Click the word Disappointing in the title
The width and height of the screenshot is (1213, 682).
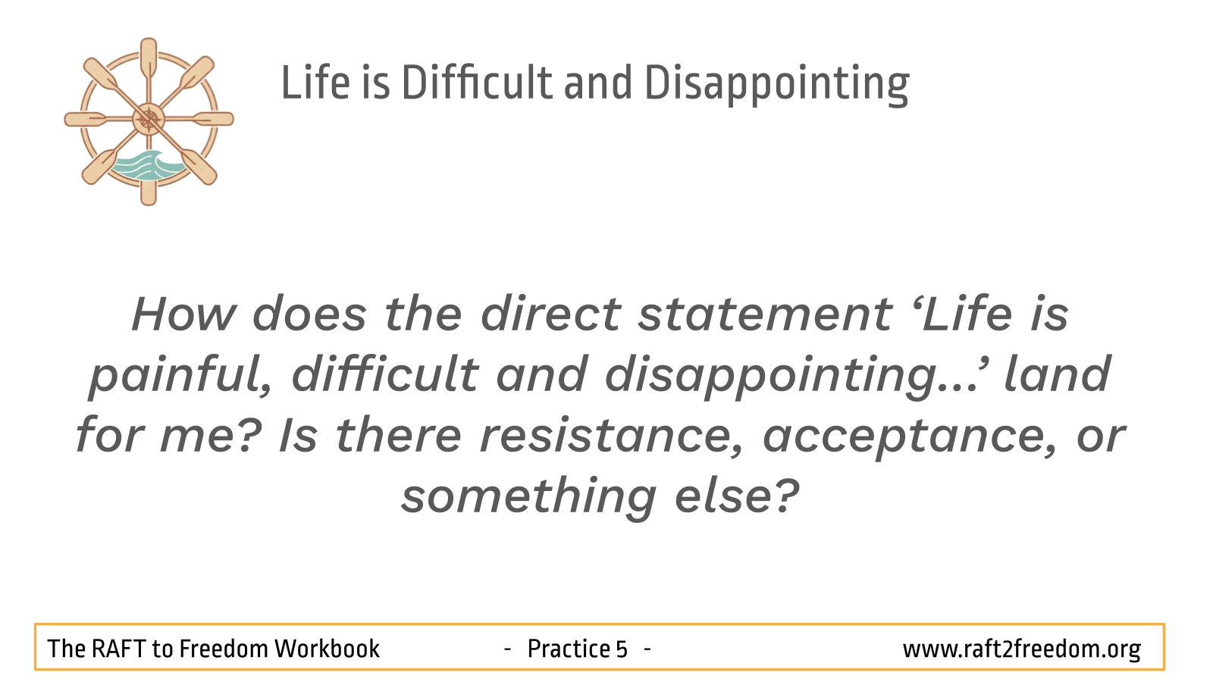coord(776,83)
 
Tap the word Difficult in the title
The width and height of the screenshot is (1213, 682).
coord(478,83)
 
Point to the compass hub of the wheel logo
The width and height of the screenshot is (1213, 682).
coord(149,119)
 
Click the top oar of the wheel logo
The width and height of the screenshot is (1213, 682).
coord(149,61)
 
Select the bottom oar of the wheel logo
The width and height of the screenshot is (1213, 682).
coord(149,179)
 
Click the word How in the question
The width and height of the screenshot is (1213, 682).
coord(183,314)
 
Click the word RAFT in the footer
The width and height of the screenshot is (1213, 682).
coord(118,649)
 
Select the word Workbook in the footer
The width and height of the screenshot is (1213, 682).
coord(327,649)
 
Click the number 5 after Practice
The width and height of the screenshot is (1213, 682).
coord(621,649)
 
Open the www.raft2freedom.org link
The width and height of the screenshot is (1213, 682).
coord(1022,649)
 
